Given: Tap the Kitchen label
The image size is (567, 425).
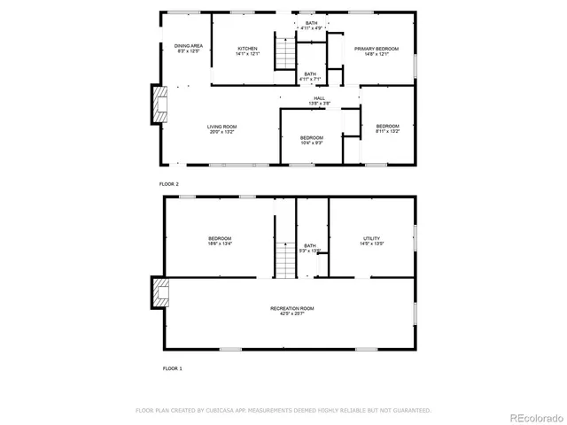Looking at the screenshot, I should (247, 50).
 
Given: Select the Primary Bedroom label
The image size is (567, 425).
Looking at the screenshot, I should (377, 51).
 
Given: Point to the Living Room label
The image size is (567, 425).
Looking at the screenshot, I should (222, 129).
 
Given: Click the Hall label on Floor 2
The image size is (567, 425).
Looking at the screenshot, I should (319, 101).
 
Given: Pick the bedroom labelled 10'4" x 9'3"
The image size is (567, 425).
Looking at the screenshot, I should (311, 140).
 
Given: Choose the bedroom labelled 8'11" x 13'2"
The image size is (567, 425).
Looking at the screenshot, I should (387, 128).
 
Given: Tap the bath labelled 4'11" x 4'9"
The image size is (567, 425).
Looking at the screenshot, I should (311, 26).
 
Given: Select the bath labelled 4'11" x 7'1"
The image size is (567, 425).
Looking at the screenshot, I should (310, 77).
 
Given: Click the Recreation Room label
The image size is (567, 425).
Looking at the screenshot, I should (291, 311).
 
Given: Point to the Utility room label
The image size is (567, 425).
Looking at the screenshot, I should (371, 241).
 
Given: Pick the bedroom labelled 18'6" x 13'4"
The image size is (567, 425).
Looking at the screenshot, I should (220, 241).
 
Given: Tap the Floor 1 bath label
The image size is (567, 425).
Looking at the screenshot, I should (309, 248).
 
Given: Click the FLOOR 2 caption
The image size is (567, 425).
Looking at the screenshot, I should (168, 183).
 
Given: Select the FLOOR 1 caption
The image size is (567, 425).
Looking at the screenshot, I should (172, 367).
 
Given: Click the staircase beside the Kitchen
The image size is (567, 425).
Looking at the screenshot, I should (284, 52).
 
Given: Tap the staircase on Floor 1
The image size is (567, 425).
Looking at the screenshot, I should (284, 259).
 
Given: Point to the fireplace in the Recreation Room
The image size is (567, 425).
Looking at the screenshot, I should (159, 293).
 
